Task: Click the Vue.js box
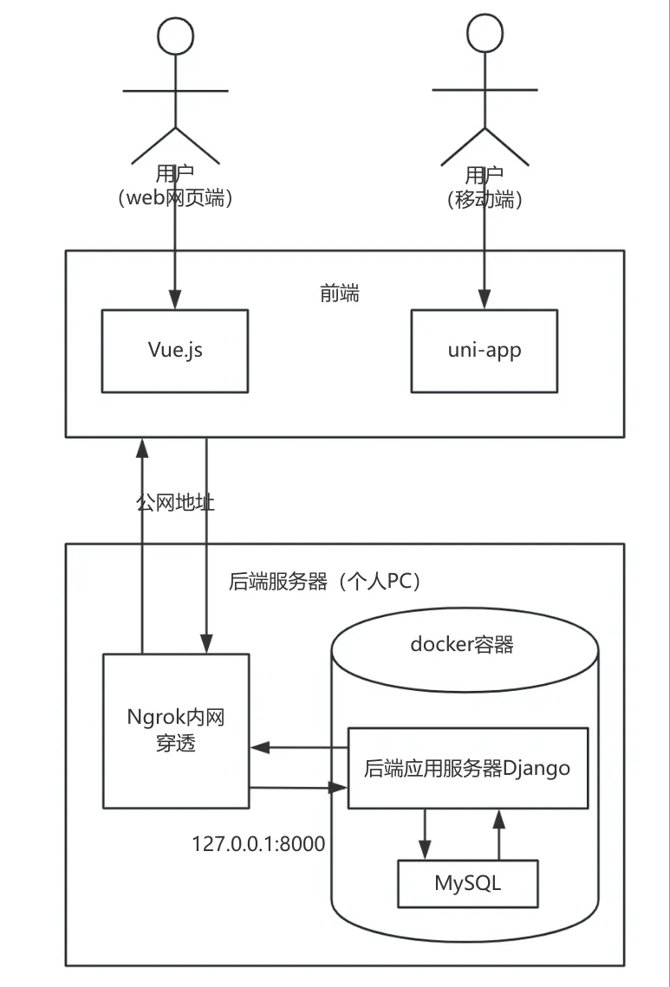point(175,351)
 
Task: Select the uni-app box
point(484,351)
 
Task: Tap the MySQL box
point(467,883)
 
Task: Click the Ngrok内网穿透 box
point(176,731)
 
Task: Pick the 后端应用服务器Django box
point(467,768)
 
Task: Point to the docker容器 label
point(462,644)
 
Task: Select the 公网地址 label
point(175,503)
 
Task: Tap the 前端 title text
point(339,294)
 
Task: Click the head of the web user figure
point(176,35)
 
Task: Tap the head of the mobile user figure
point(484,35)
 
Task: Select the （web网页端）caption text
point(175,198)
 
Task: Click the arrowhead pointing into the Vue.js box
point(176,300)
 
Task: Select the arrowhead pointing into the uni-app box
point(484,300)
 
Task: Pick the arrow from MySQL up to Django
point(498,834)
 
